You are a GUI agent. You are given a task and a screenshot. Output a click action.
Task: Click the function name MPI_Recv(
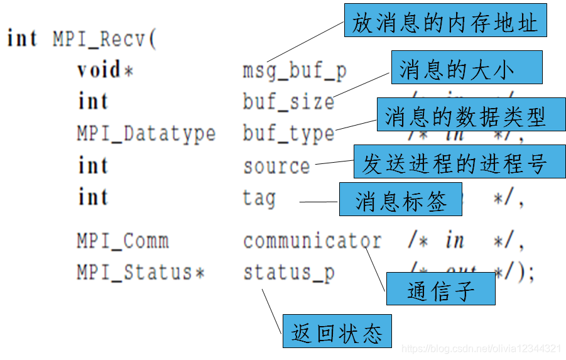pyautogui.click(x=104, y=39)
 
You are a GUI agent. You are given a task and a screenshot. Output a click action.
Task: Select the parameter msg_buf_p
pyautogui.click(x=295, y=71)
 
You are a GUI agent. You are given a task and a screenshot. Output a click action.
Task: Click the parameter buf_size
pyautogui.click(x=288, y=102)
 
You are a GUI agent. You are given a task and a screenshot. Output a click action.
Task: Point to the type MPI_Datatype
pyautogui.click(x=146, y=134)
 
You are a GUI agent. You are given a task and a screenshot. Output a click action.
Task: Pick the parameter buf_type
pyautogui.click(x=288, y=134)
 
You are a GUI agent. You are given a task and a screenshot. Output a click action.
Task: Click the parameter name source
pyautogui.click(x=276, y=166)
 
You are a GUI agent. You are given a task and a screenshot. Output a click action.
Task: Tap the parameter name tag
pyautogui.click(x=259, y=198)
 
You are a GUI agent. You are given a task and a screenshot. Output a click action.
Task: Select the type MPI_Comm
pyautogui.click(x=122, y=241)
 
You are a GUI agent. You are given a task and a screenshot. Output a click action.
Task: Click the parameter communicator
pyautogui.click(x=312, y=241)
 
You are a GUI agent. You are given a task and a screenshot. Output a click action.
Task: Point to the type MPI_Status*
pyautogui.click(x=141, y=273)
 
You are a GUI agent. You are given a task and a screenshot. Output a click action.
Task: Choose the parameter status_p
pyautogui.click(x=288, y=273)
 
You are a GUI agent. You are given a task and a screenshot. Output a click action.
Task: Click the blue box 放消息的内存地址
pyautogui.click(x=445, y=23)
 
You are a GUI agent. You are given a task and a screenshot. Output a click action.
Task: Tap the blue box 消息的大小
pyautogui.click(x=465, y=68)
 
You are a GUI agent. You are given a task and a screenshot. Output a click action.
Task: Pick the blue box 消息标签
pyautogui.click(x=400, y=199)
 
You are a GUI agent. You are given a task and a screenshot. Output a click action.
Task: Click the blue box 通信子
pyautogui.click(x=440, y=289)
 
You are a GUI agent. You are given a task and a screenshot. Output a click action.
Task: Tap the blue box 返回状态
pyautogui.click(x=336, y=331)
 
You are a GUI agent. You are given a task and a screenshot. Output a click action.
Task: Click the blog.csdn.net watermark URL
pyautogui.click(x=481, y=348)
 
